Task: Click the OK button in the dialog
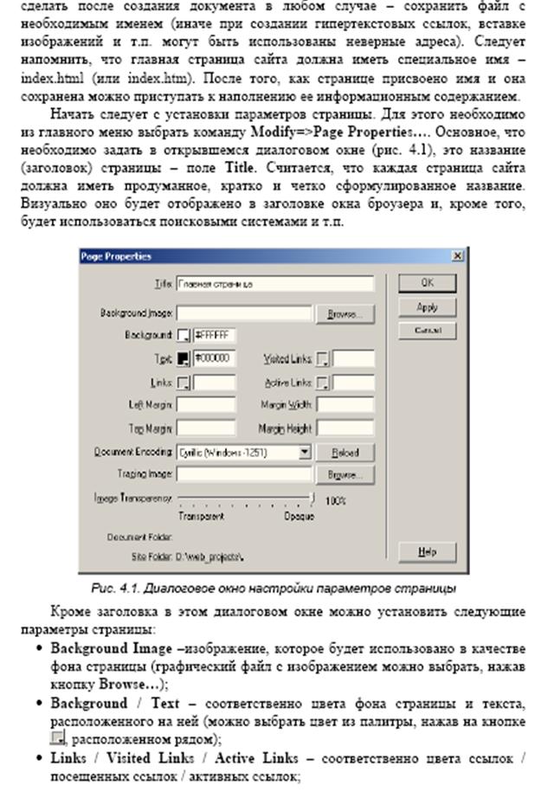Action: [427, 283]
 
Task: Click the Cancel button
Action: [427, 331]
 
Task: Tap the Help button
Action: [427, 551]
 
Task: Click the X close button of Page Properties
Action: [457, 256]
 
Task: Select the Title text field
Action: [274, 284]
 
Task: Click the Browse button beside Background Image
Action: [345, 313]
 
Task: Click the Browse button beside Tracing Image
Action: [345, 474]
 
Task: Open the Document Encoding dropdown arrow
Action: [305, 452]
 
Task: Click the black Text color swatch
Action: [184, 358]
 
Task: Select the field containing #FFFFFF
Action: [213, 335]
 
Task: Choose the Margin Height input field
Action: [345, 428]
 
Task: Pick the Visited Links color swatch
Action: [323, 358]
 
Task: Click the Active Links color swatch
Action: [323, 382]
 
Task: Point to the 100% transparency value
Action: [336, 500]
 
